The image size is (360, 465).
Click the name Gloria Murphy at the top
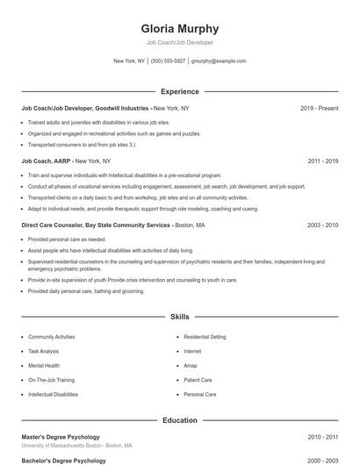(179, 28)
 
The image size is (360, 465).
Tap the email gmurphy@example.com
(219, 61)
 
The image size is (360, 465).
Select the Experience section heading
(179, 91)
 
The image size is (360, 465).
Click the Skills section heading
(179, 316)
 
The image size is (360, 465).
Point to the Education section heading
(179, 420)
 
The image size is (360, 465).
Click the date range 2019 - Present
(319, 108)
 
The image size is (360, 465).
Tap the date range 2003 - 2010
(322, 225)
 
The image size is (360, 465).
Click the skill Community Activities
(51, 337)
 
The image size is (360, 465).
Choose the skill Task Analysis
(43, 351)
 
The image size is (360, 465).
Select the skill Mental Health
(44, 366)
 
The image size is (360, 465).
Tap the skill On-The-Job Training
(51, 380)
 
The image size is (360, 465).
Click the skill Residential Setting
(205, 337)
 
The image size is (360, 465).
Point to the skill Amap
(191, 366)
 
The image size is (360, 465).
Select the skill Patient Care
(198, 380)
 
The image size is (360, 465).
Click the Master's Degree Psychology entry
(61, 437)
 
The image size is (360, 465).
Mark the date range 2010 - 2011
(322, 437)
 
